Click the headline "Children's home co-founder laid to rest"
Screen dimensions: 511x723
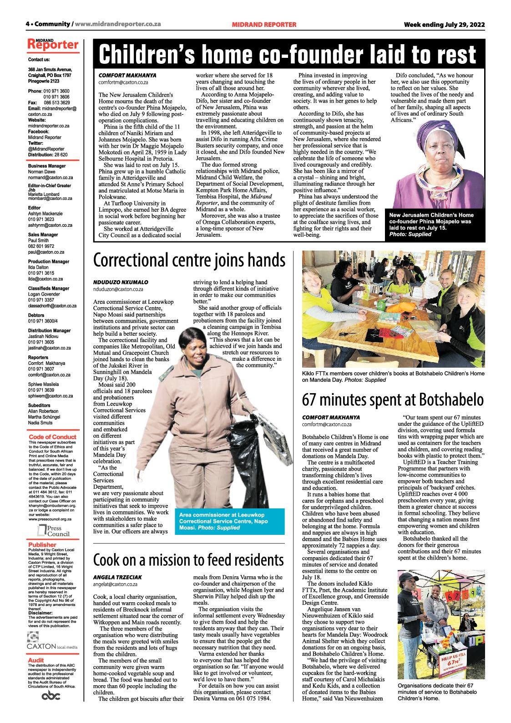(x=287, y=55)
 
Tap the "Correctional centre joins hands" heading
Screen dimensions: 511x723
(x=189, y=261)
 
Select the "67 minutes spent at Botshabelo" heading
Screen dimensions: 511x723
(x=393, y=399)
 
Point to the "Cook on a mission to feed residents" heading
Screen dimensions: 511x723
(x=188, y=559)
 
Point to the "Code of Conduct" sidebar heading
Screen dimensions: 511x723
(x=53, y=437)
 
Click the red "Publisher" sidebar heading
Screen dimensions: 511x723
(x=42, y=544)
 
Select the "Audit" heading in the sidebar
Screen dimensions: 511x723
(x=36, y=660)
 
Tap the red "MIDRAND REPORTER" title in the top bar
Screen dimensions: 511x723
(x=264, y=24)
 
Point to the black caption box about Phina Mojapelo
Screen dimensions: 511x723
(x=430, y=225)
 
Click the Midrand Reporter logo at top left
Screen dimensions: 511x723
(x=53, y=45)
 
